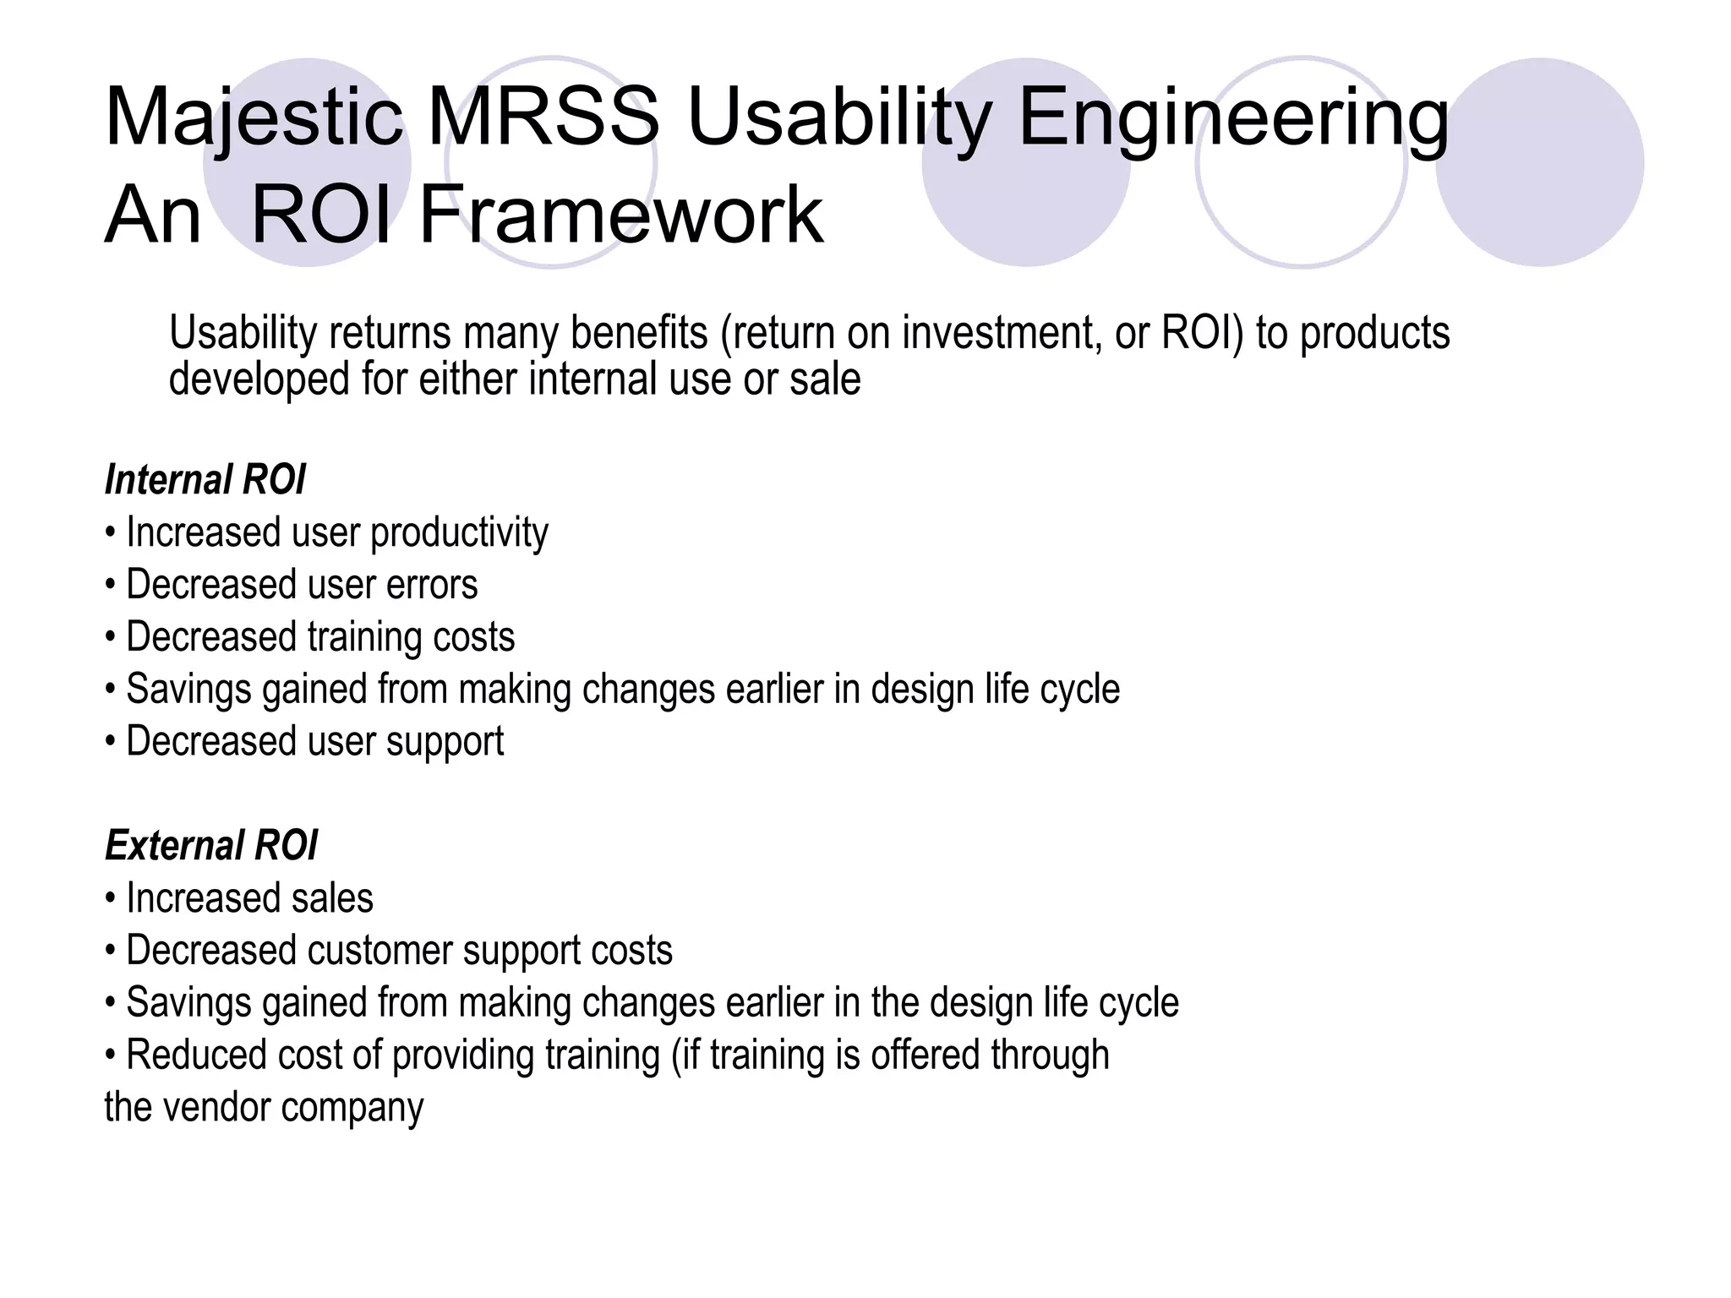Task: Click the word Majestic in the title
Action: (x=254, y=118)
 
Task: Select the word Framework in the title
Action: (x=621, y=215)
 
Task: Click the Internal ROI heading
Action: (x=205, y=480)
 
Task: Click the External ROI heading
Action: (x=210, y=846)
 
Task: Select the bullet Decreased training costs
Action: (x=319, y=637)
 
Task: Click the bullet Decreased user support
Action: (x=314, y=742)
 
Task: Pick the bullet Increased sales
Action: (x=248, y=898)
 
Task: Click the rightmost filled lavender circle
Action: (x=1540, y=162)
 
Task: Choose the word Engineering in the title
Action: (x=1234, y=118)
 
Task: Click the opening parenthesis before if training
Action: (x=676, y=1056)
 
